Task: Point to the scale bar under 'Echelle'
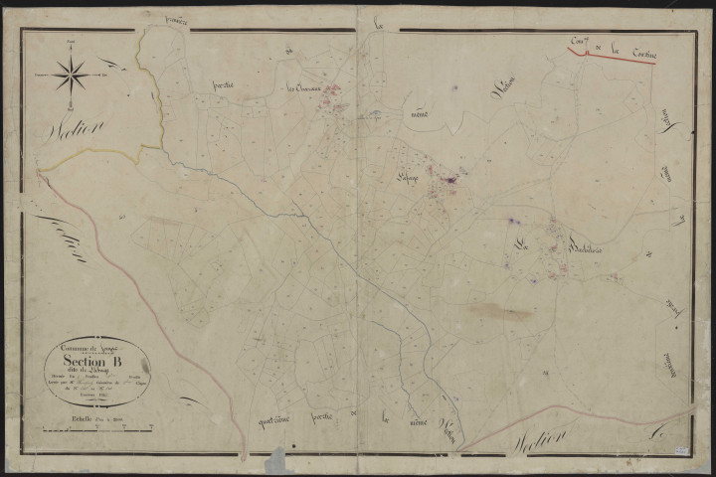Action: pos(96,430)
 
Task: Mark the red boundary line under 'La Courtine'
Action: pos(626,58)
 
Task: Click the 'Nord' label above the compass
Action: pos(70,42)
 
